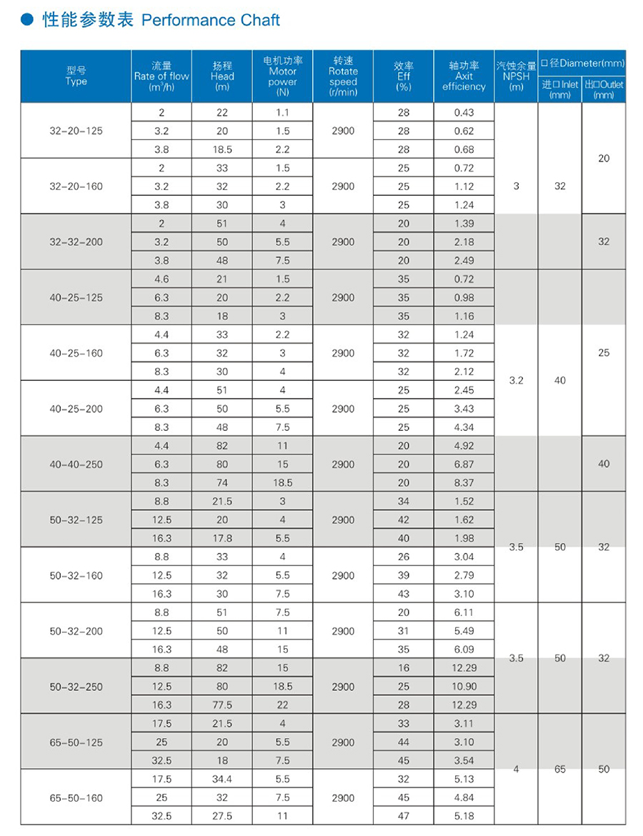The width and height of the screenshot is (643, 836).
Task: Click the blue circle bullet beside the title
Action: pos(29,20)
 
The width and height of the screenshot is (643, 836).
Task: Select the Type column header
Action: pos(76,76)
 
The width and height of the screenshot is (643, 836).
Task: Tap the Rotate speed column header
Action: pos(343,76)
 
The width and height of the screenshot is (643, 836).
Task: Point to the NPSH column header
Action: pos(516,76)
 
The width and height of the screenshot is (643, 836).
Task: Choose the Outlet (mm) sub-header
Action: pos(604,89)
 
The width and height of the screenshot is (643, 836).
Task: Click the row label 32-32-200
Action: pos(76,242)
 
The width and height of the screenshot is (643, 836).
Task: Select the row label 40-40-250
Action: pos(76,464)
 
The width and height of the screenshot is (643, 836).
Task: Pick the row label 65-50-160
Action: pos(76,797)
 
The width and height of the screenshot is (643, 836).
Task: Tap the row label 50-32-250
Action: pos(76,687)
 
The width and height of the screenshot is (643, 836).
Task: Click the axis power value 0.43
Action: pos(464,112)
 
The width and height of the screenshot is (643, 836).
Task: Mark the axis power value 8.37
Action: pos(464,483)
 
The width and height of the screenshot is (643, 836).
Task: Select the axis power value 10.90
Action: pos(464,687)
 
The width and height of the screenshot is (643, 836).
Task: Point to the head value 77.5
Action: pos(222,705)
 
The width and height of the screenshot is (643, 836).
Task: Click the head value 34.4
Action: pos(222,779)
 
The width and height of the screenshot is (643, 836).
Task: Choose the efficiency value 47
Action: pos(404,816)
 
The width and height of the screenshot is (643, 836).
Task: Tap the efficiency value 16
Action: pos(404,668)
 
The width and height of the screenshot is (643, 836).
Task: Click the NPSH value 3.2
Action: pos(516,381)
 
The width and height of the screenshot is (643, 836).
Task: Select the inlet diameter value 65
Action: pos(559,770)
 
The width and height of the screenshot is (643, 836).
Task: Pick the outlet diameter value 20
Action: pos(604,159)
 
